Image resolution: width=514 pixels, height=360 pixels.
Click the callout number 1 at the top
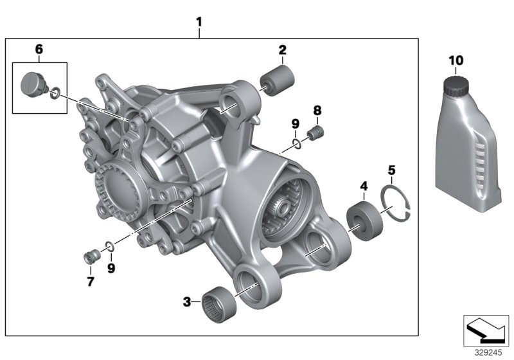(x=199, y=21)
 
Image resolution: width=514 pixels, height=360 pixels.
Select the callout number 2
(x=282, y=50)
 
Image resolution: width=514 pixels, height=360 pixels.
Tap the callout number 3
(x=187, y=300)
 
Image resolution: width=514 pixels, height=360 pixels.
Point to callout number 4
(x=364, y=186)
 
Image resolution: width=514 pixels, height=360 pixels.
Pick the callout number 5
(x=391, y=170)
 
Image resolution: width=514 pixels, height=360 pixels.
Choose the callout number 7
(x=91, y=282)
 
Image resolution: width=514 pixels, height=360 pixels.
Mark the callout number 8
(x=317, y=110)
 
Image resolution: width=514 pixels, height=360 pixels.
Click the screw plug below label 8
(x=315, y=134)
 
